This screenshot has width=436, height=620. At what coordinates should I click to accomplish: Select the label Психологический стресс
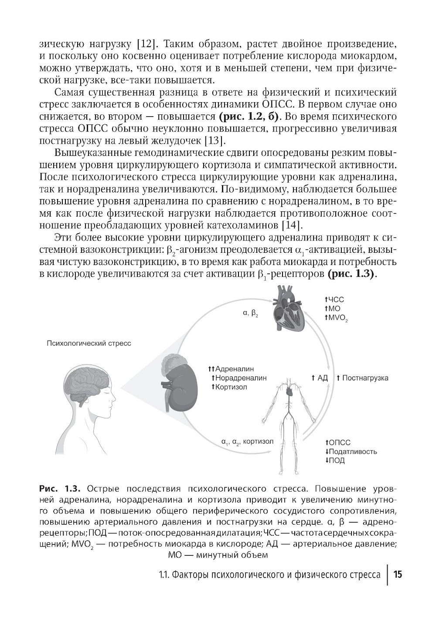point(89,343)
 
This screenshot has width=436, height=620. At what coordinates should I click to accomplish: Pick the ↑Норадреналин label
point(238,378)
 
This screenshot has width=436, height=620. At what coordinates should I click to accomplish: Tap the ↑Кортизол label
point(229,387)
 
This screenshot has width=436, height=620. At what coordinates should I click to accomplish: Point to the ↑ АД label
point(320,378)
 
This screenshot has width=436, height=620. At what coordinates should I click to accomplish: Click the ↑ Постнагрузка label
point(362,378)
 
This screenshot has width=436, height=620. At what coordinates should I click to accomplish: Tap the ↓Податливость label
point(351,451)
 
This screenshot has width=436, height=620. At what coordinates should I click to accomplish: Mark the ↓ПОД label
point(334,460)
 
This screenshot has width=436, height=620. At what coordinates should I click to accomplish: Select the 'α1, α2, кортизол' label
point(247,441)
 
